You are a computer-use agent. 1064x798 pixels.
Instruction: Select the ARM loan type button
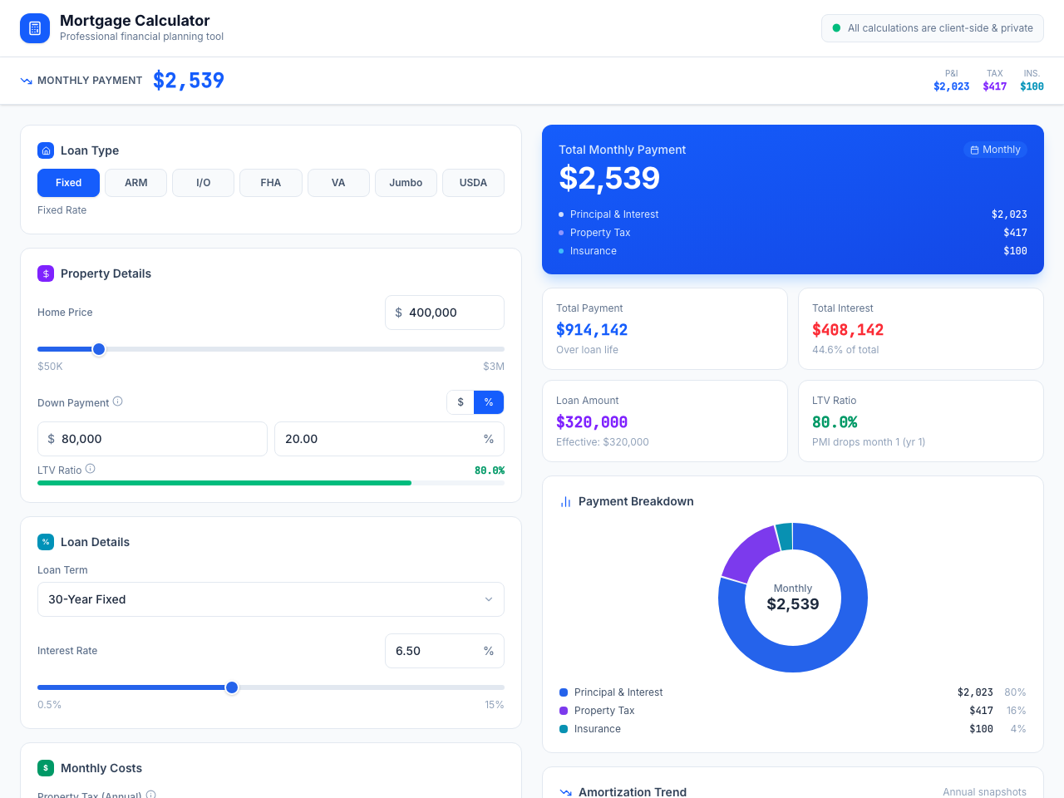(135, 183)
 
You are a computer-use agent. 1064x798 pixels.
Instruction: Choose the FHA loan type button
(271, 183)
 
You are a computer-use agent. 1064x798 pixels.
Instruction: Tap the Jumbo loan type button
(406, 183)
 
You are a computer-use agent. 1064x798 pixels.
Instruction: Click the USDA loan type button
(473, 183)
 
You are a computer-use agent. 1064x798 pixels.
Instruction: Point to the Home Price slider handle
(99, 349)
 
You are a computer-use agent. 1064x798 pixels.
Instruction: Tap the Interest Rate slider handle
(232, 687)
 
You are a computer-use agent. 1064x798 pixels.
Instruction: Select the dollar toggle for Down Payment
(461, 402)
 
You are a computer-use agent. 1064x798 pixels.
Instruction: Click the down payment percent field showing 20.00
(378, 439)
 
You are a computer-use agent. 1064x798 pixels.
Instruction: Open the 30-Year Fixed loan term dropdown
(271, 599)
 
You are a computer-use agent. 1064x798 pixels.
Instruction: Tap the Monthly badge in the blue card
(995, 150)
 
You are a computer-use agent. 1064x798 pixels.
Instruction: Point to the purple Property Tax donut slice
(749, 552)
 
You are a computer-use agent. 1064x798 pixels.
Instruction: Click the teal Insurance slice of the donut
(784, 537)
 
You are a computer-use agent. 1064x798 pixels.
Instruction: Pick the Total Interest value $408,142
(847, 330)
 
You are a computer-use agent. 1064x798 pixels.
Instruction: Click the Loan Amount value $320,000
(592, 422)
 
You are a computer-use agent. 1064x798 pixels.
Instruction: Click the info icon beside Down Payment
(118, 401)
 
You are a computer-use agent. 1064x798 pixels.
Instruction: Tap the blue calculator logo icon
(35, 28)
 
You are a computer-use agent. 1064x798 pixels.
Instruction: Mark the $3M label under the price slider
(493, 367)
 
